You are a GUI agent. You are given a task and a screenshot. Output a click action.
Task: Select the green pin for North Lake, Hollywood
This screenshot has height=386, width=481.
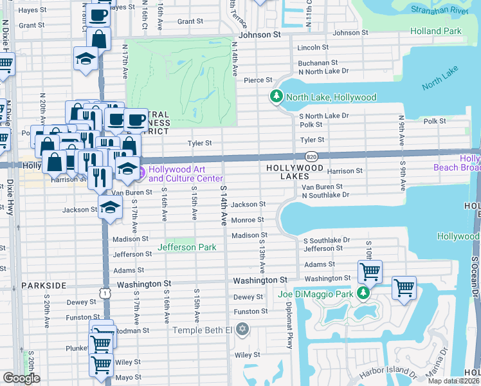277,96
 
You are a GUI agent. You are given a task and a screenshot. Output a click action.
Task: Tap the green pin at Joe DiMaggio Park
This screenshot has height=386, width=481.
363,293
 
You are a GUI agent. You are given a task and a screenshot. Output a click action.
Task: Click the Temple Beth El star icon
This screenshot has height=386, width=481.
242,330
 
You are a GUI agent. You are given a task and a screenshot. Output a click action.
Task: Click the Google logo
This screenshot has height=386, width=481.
21,378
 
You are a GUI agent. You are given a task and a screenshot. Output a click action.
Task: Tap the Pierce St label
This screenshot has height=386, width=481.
259,80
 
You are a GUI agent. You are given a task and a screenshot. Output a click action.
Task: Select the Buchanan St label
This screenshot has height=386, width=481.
313,63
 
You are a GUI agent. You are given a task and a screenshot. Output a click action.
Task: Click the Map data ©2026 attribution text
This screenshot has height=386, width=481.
453,381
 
